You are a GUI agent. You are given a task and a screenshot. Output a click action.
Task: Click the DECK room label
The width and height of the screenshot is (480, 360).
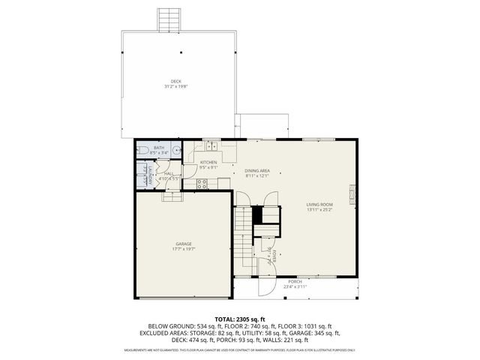pos(175,81)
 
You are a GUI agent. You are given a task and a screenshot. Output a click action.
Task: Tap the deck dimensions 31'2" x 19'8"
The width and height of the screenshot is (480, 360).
pos(175,86)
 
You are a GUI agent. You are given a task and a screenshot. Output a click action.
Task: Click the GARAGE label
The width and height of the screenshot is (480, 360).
pos(184,243)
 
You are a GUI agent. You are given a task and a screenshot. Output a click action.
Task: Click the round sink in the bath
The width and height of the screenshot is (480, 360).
pos(175,150)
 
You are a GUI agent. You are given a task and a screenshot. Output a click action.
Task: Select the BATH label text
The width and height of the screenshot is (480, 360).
pos(159,148)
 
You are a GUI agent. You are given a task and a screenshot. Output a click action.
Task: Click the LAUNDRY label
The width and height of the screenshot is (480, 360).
pos(150,178)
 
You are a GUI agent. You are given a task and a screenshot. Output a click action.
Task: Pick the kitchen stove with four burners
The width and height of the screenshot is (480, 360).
pos(201,184)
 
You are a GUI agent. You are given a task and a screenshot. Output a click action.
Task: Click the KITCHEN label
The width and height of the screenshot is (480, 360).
pos(208,162)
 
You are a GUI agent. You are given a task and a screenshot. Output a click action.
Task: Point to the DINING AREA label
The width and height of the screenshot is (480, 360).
pos(256,171)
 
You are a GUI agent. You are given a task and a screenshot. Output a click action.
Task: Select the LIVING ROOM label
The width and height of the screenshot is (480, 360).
pos(319,204)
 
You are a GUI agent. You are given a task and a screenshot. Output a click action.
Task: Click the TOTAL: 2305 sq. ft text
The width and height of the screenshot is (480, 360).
pos(240,319)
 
